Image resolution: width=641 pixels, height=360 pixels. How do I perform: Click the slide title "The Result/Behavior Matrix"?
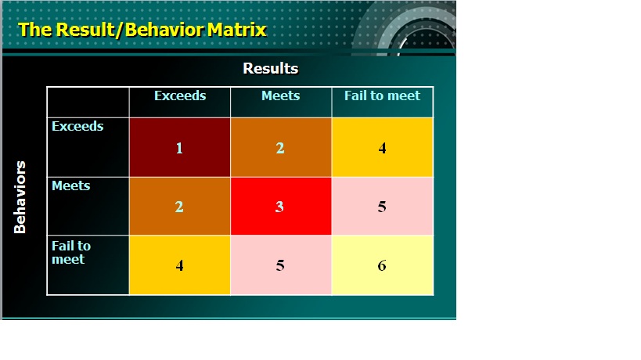pos(142,30)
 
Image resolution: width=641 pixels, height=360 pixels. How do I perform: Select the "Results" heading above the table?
pos(271,68)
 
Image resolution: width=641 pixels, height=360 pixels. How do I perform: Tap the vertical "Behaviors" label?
pos(20,197)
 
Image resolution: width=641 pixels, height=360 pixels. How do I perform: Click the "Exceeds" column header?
pos(180,95)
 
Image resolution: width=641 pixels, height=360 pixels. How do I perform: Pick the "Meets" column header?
pos(281,95)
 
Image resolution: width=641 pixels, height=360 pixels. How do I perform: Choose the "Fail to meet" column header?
pos(382,95)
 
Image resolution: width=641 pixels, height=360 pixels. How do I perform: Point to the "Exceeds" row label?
pos(77,126)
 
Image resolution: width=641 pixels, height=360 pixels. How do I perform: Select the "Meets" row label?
pos(71,186)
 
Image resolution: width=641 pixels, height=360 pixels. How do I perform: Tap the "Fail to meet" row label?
pos(71,253)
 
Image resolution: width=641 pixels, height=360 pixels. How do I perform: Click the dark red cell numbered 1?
pos(180,147)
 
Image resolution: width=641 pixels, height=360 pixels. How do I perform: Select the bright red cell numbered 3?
pos(281,207)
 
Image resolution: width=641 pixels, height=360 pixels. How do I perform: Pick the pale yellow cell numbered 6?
pos(382,265)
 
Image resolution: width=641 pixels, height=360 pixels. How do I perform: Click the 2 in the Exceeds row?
pos(280,148)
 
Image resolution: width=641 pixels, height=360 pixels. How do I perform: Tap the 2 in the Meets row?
pos(179,207)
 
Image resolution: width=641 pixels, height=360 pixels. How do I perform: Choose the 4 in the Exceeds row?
pos(382,148)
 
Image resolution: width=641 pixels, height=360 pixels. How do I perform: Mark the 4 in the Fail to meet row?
pos(179,265)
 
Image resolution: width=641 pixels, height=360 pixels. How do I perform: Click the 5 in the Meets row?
pos(382,207)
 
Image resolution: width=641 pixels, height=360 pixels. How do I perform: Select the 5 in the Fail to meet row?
pos(280,265)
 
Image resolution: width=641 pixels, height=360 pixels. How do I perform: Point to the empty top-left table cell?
pos(88,103)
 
